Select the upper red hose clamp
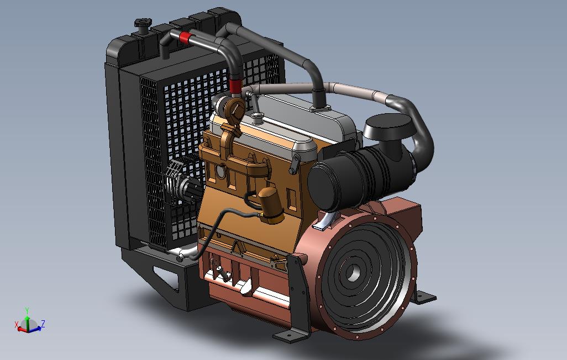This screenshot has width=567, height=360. click(x=185, y=37)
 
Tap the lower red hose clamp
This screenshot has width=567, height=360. click(x=235, y=86)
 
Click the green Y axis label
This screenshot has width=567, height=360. click(x=27, y=310)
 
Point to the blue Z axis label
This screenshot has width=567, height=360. click(x=43, y=323)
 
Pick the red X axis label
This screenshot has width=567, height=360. click(x=16, y=325)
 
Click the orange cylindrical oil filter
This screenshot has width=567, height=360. click(x=270, y=205)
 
